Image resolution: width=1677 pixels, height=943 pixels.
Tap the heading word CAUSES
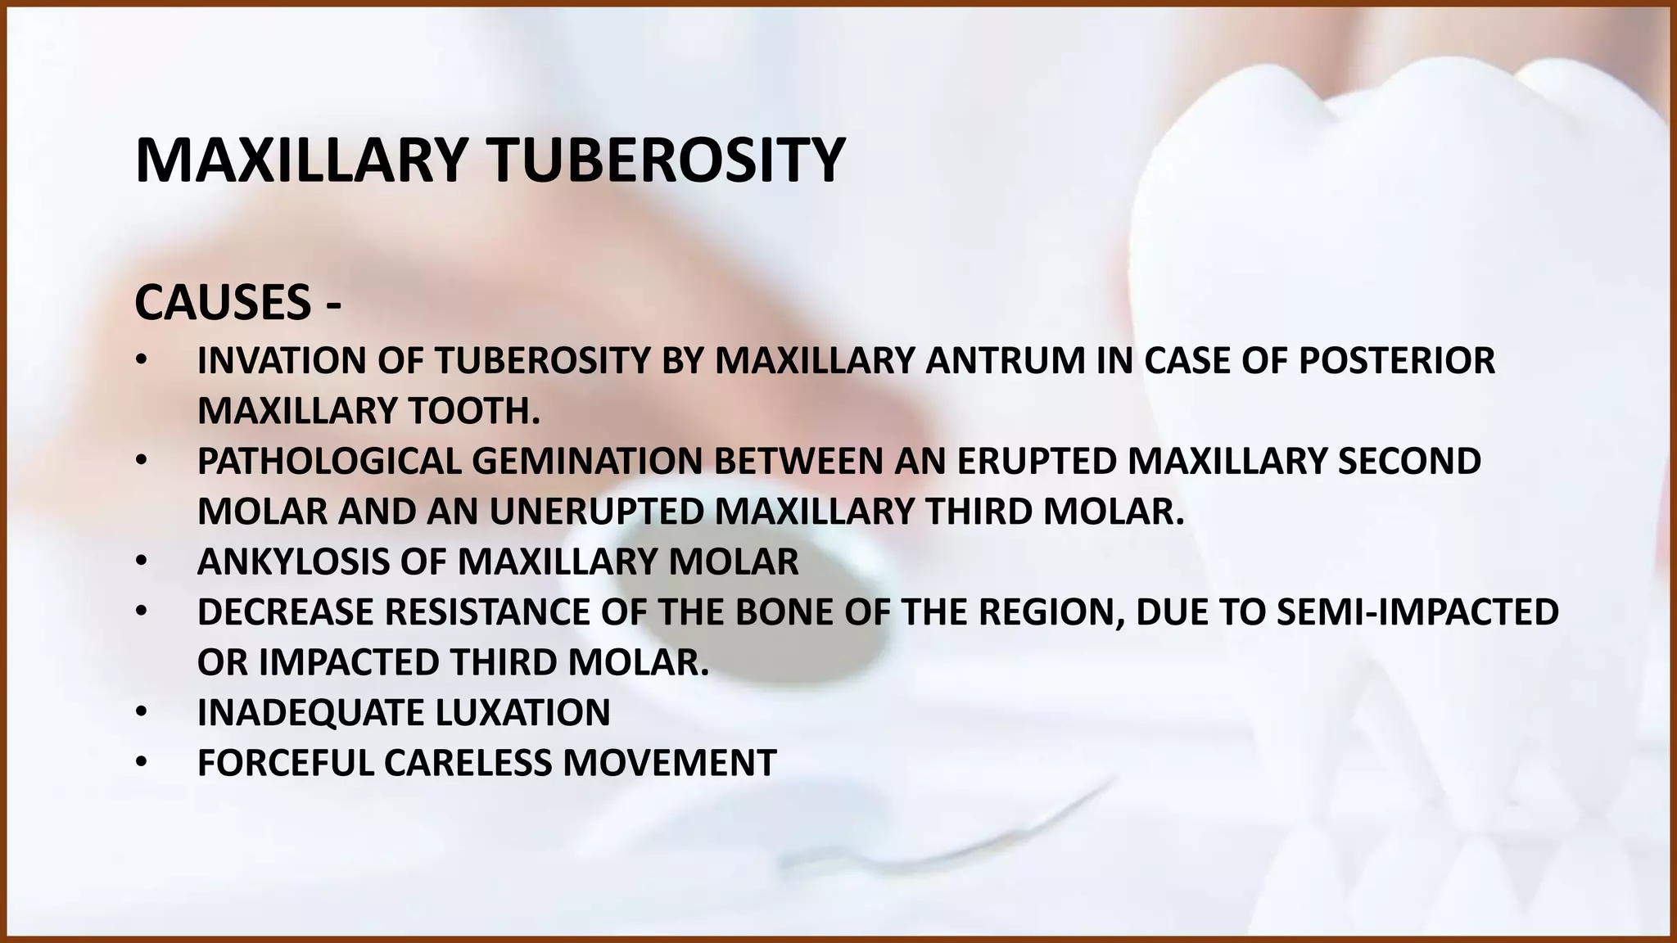click(x=223, y=303)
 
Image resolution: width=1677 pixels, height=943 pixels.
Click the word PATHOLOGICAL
click(x=329, y=462)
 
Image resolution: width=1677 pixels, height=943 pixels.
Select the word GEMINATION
click(x=587, y=462)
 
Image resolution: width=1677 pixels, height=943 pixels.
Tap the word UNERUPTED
click(x=597, y=512)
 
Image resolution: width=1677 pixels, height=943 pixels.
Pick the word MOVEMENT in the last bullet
click(x=669, y=763)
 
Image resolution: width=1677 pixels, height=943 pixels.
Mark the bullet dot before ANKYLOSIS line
click(x=141, y=562)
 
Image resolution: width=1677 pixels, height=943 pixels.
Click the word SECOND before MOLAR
click(x=1408, y=462)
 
